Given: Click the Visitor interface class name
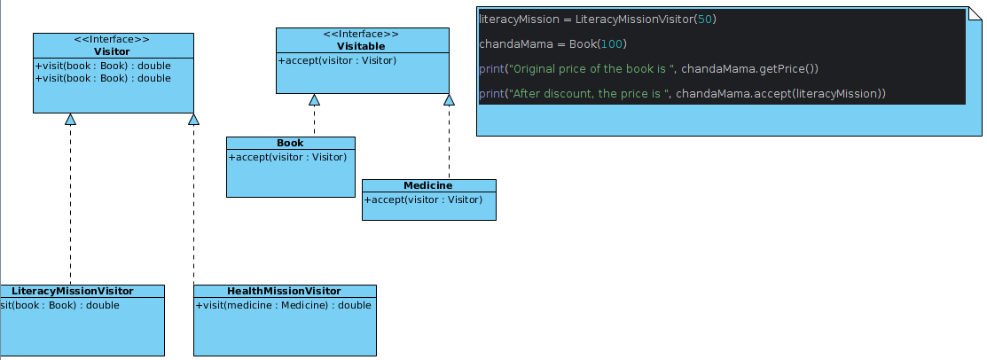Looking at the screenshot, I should click(112, 51).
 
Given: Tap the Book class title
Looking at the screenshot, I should click(290, 143).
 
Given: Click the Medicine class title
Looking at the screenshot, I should click(428, 185).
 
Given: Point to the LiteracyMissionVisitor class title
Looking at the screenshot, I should click(73, 291).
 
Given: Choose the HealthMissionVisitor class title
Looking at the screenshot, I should click(284, 291).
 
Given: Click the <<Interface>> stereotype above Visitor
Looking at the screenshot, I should click(112, 39).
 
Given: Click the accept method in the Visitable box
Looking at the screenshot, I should click(337, 60).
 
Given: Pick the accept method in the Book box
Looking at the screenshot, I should click(287, 157).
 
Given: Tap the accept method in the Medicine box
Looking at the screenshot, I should click(423, 200).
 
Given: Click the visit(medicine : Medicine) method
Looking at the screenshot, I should click(283, 305).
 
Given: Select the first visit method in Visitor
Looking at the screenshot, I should click(103, 66).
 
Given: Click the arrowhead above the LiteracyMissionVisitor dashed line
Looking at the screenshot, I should click(71, 119).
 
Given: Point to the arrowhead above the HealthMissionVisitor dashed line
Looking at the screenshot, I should click(193, 119).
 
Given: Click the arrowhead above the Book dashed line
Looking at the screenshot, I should click(314, 99).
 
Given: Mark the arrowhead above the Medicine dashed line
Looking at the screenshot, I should click(449, 99).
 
